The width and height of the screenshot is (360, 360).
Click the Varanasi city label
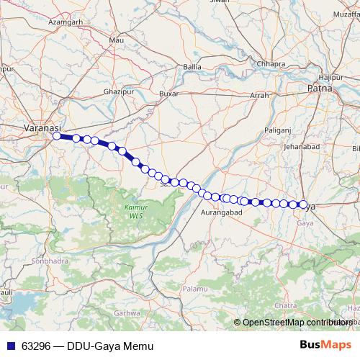[x=37, y=127]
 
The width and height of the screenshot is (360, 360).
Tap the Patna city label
[x=318, y=89]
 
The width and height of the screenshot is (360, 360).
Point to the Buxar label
[x=168, y=94]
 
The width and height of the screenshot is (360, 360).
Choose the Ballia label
[x=193, y=67]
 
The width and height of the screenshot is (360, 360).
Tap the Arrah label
[x=259, y=95]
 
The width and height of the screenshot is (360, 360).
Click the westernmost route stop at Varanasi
[x=57, y=135]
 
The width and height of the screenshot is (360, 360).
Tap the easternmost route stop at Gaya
[x=303, y=204]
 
